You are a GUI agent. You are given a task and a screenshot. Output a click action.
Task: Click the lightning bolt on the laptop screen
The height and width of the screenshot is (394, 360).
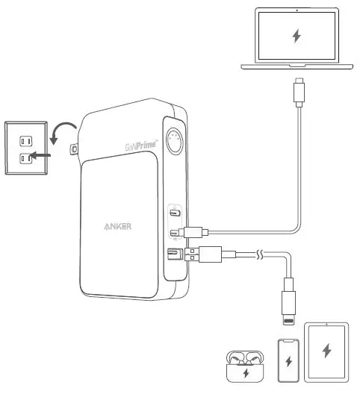pos(297,36)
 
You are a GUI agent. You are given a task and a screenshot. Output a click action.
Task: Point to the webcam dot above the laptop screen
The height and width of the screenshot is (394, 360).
pos(297,10)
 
